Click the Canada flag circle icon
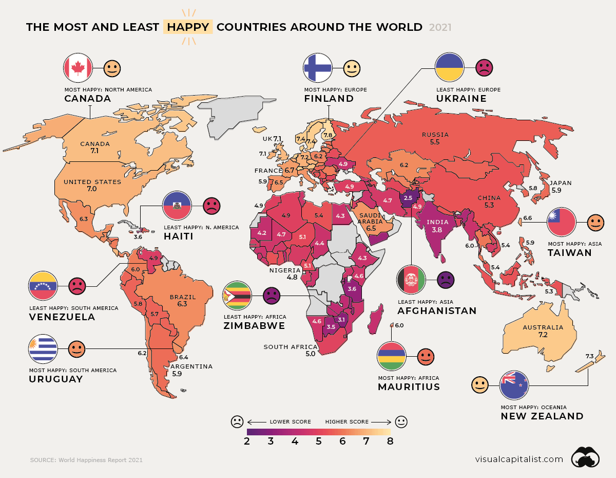tap(78, 68)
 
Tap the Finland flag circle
tap(318, 67)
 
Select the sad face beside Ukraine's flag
tap(484, 67)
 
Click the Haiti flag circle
tap(177, 206)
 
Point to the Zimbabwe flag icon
tap(237, 296)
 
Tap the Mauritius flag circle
tap(392, 356)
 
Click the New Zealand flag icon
tap(514, 384)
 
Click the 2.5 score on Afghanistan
tap(408, 198)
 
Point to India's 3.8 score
tap(437, 231)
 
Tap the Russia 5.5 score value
tap(435, 142)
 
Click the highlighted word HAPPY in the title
tap(187, 27)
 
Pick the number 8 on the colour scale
tap(390, 441)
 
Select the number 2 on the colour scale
tap(247, 441)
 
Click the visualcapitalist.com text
tap(519, 459)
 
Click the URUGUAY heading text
tap(56, 379)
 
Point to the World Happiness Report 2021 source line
tap(86, 460)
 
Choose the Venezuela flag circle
tap(43, 286)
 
